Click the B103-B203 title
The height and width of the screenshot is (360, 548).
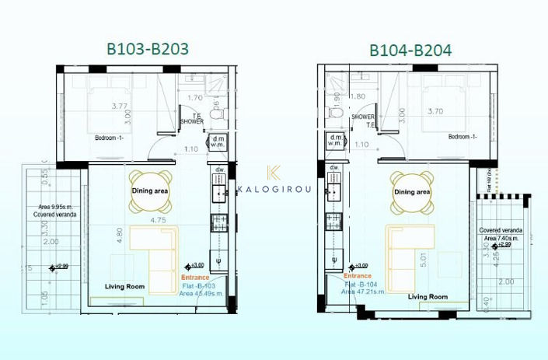147,48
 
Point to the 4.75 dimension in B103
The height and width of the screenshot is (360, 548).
159,220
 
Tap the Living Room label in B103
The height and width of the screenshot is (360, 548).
125,287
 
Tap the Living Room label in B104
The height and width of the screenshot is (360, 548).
428,296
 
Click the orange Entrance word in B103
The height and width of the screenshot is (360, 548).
195,277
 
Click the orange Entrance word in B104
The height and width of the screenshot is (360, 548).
358,275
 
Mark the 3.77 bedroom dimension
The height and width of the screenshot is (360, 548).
119,106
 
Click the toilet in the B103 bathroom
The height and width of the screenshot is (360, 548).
219,113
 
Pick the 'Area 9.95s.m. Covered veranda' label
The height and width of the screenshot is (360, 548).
54,211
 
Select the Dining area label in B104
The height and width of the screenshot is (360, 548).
411,191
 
